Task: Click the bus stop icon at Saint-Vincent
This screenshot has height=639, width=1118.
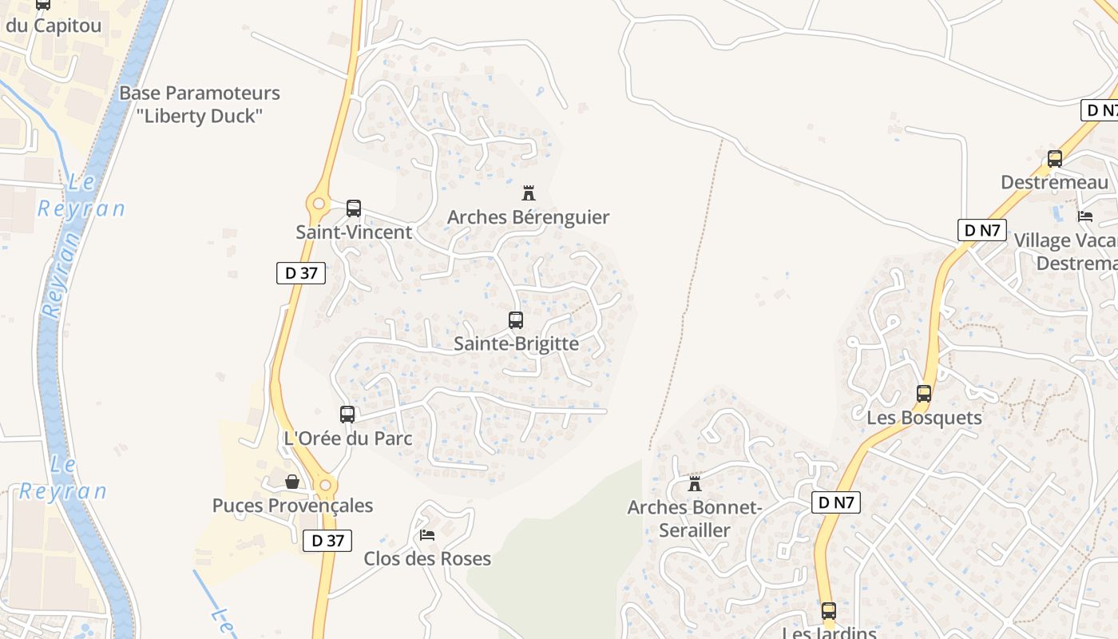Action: [354, 208]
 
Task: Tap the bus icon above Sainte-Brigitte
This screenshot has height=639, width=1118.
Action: [516, 320]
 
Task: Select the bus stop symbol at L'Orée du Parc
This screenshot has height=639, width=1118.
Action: [347, 415]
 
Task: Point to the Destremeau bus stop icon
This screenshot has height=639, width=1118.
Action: [1055, 158]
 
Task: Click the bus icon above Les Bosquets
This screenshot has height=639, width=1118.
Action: [924, 394]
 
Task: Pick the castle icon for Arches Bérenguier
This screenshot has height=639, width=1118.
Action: [528, 192]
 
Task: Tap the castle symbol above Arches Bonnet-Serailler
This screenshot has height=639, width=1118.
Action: [695, 483]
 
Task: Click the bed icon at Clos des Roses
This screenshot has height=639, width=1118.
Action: [427, 534]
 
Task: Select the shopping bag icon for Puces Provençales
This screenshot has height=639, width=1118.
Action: [292, 482]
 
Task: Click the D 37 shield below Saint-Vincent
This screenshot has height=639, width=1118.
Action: [301, 272]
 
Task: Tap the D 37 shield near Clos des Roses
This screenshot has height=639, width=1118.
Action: [327, 541]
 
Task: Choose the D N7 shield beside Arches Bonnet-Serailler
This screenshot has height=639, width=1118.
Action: [836, 502]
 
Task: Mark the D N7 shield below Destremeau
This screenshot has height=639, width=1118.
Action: [982, 230]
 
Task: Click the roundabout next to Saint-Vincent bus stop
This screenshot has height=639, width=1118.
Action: [319, 203]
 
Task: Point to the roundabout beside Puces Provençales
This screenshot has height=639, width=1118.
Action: [325, 485]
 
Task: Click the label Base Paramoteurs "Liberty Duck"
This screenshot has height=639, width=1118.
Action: [200, 104]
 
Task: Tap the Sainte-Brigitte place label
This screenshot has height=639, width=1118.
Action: [516, 343]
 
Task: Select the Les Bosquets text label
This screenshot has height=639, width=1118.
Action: [924, 417]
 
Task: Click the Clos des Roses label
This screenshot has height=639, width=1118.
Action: [427, 558]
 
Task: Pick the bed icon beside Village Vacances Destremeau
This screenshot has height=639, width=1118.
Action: [1085, 216]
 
